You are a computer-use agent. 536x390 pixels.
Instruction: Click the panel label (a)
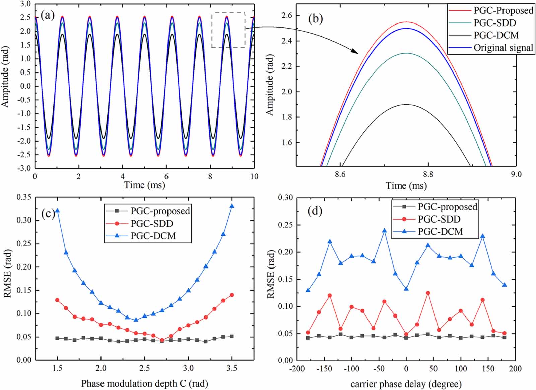tap(47, 15)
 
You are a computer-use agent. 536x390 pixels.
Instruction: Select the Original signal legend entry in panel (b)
tap(503, 48)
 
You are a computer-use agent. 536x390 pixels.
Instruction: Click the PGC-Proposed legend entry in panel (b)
tap(503, 10)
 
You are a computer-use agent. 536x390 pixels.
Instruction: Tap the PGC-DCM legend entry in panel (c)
tap(153, 236)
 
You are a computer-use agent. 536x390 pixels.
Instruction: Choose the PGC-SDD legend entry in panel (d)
tap(439, 219)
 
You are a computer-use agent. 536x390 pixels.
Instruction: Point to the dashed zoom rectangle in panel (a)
tap(228, 30)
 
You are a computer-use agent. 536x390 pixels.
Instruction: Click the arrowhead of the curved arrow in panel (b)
tap(356, 52)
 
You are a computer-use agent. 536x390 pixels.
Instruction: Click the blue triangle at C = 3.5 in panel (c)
tap(232, 206)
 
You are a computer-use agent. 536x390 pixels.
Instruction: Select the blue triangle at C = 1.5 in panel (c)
tap(57, 211)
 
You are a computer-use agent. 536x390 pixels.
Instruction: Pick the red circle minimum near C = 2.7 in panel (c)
tap(162, 340)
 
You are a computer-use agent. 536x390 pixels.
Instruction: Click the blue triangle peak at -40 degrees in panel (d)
tap(384, 231)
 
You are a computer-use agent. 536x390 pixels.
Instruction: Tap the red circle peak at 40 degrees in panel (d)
tap(428, 293)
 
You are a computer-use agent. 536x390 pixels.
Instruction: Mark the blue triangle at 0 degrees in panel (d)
tap(406, 289)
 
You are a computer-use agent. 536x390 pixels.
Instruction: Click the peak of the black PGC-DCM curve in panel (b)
tap(406, 105)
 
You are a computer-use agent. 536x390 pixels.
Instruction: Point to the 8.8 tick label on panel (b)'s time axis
tap(428, 174)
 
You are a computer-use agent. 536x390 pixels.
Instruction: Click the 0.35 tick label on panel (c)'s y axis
tap(24, 197)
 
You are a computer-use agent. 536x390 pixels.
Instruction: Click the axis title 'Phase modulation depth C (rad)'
tap(144, 383)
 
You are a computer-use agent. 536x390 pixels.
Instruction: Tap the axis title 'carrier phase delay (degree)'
tap(406, 384)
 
